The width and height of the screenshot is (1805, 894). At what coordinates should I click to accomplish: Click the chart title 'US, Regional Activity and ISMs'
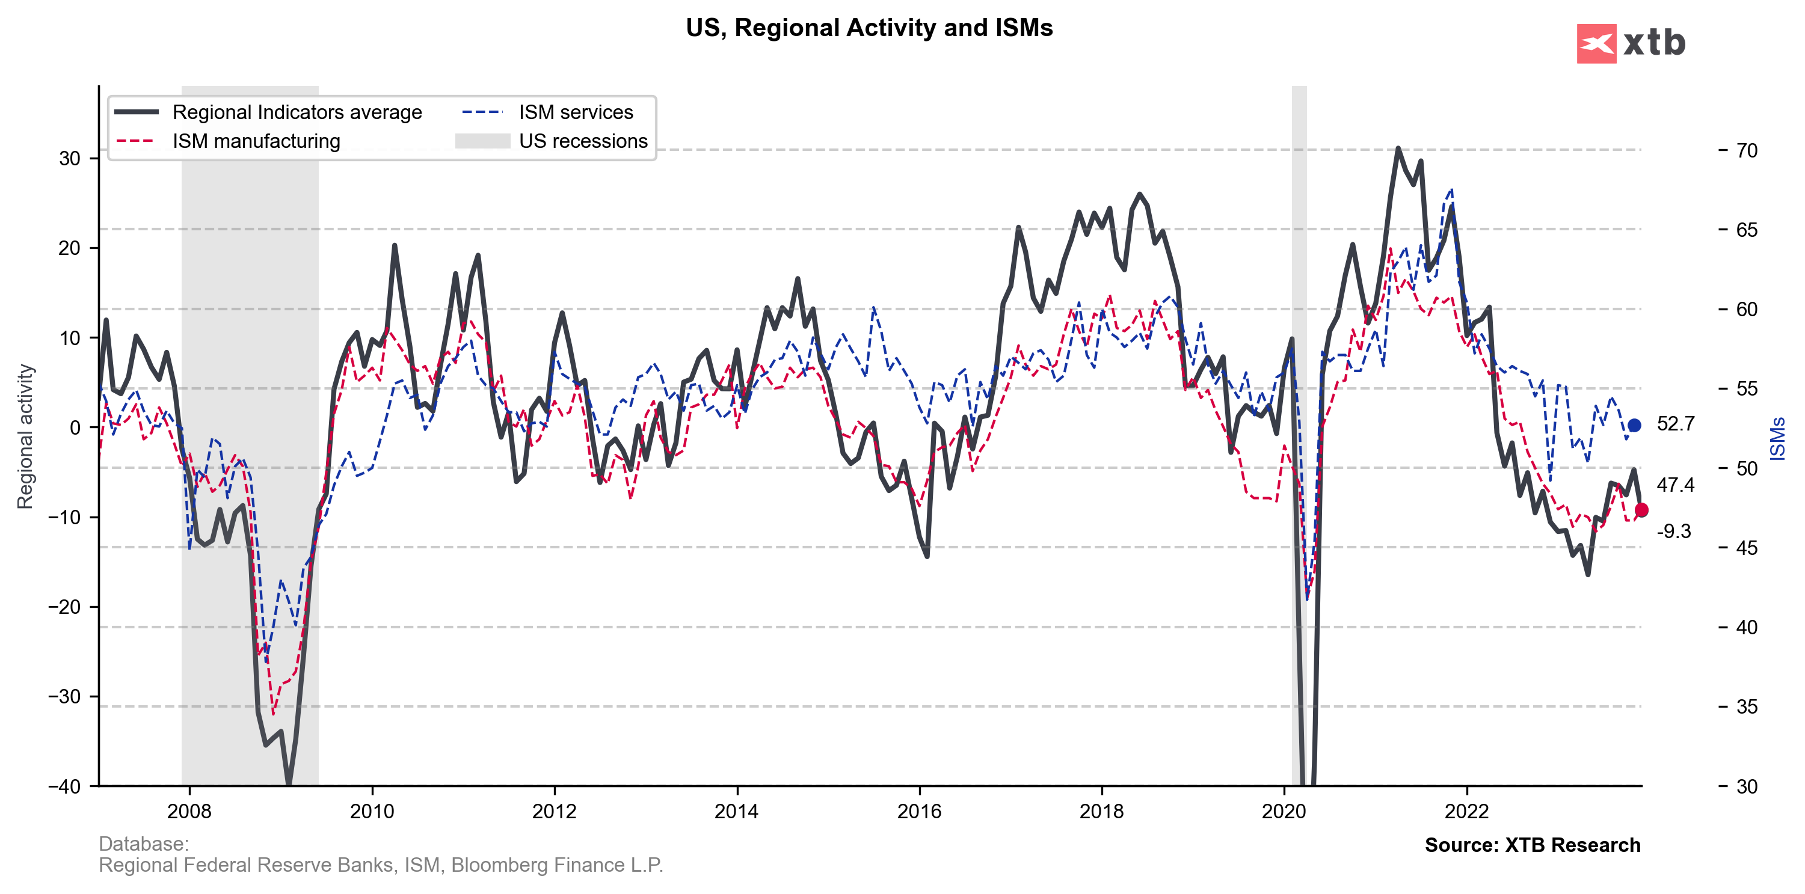point(869,28)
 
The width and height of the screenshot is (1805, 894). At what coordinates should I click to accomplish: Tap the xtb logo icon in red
point(1596,43)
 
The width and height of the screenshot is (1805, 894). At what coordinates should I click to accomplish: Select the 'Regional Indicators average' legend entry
point(297,112)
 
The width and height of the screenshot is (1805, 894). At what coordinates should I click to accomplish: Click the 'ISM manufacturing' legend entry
point(256,141)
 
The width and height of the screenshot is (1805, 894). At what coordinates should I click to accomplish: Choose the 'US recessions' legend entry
point(583,141)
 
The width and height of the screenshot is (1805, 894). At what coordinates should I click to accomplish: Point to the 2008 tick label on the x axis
point(189,811)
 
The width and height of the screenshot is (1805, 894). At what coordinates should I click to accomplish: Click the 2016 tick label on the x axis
point(919,811)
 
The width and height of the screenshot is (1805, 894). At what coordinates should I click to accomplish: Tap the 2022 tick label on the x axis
point(1466,811)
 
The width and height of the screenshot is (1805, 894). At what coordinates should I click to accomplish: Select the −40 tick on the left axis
point(64,786)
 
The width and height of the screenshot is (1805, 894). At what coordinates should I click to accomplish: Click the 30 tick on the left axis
point(69,158)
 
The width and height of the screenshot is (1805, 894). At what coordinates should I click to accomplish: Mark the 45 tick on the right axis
point(1747,548)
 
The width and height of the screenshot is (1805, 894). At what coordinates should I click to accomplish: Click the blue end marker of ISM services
point(1634,425)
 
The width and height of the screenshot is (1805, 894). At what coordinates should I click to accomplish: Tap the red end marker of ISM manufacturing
point(1641,510)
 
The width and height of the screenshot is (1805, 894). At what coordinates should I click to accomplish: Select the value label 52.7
point(1675,424)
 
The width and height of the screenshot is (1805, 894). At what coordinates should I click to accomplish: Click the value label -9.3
point(1673,531)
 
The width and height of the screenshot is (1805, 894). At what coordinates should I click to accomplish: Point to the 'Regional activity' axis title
point(25,436)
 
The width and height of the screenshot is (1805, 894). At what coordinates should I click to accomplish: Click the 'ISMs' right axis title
point(1778,439)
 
